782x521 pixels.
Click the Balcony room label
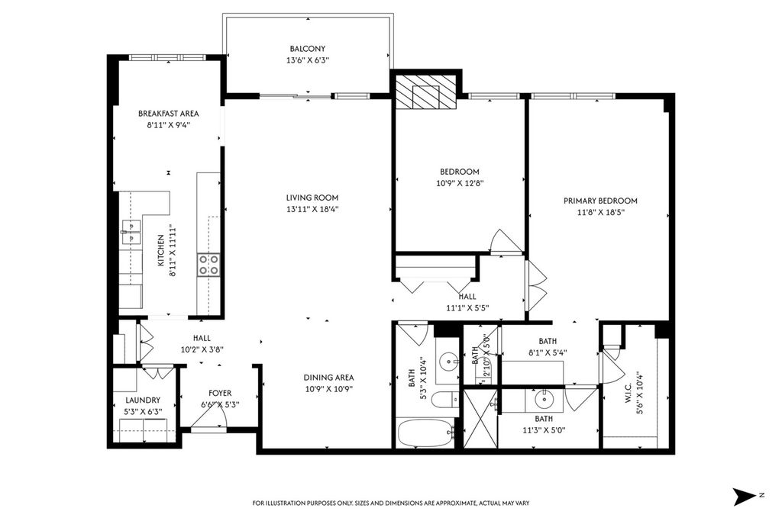(307, 48)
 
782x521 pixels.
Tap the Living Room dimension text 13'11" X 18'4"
(312, 209)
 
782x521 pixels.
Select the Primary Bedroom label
(600, 201)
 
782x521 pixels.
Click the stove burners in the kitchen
(208, 265)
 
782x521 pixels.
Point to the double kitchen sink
(131, 233)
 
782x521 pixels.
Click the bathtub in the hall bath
(425, 433)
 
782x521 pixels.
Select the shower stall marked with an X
(480, 418)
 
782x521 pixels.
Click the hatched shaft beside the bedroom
(425, 92)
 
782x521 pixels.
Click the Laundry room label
(143, 400)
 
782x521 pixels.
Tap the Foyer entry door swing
(209, 421)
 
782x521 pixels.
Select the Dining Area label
(328, 378)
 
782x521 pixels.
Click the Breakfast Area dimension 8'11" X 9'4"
(169, 126)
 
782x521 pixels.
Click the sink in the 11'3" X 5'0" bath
(544, 400)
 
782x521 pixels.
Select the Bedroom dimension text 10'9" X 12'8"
(460, 183)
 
